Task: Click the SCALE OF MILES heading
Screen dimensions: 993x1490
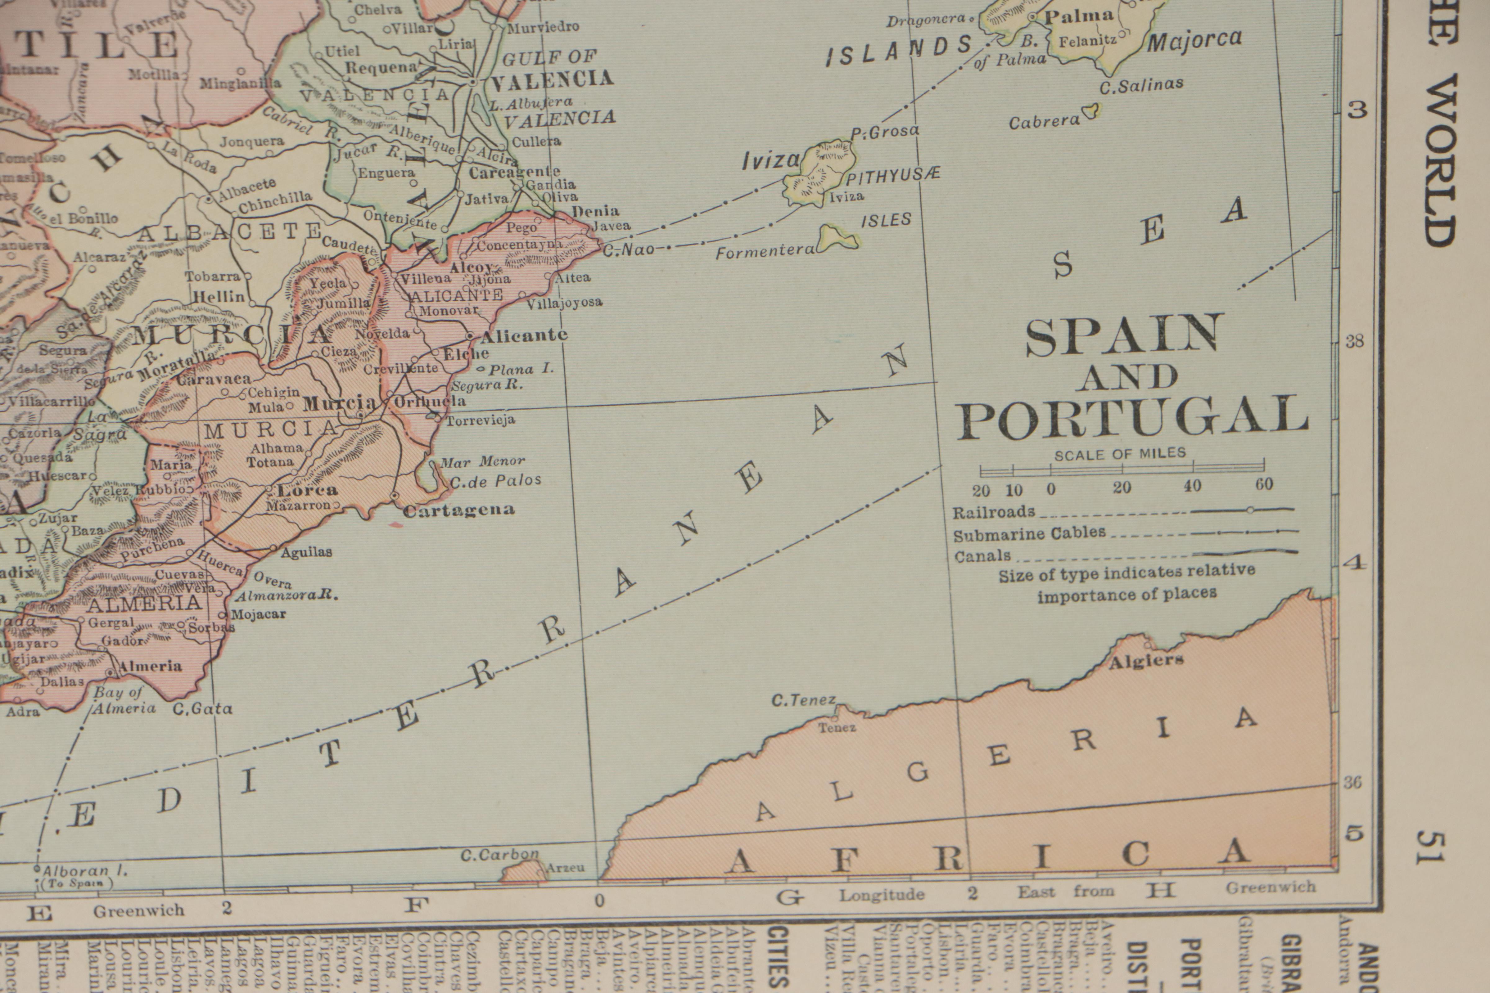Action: pos(1120,454)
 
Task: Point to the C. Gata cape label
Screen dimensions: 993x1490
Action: pos(203,709)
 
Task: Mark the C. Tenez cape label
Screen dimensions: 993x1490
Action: pos(803,700)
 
